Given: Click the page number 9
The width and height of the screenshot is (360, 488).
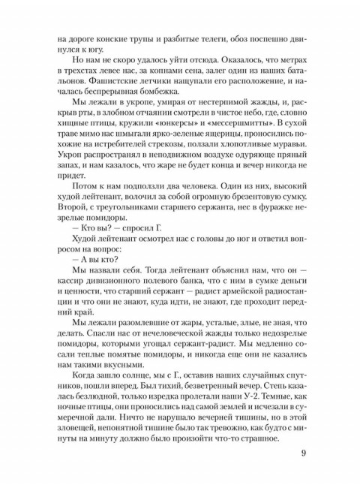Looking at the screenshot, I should (x=301, y=453).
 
